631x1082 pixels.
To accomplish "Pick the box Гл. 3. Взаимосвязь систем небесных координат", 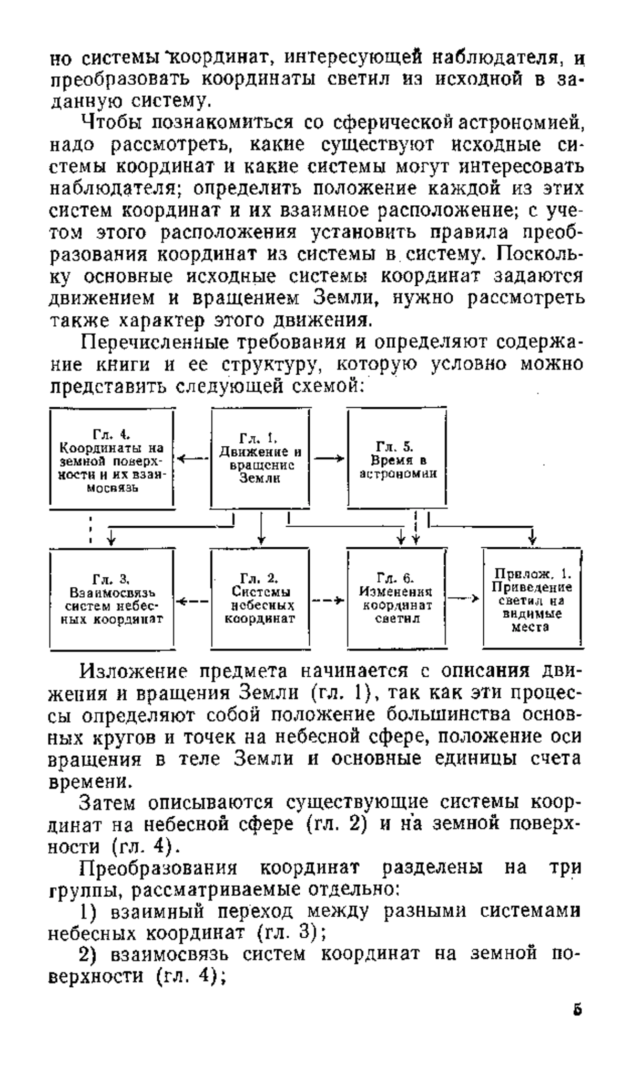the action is click(112, 599).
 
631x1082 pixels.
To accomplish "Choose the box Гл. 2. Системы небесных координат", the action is click(260, 599).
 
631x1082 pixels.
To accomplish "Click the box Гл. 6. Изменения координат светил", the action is click(397, 599).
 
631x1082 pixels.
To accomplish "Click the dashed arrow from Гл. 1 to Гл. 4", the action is click(193, 459).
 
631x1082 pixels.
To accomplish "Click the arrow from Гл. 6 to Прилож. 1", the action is click(465, 598).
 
